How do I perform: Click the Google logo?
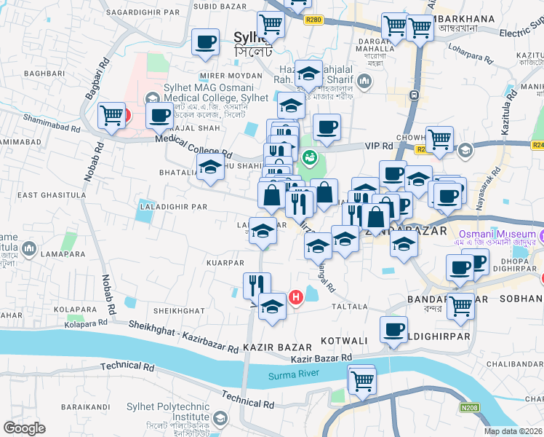(x=25, y=428)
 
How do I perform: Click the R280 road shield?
(x=314, y=21)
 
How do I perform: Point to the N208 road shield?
(x=469, y=409)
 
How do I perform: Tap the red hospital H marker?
(x=296, y=297)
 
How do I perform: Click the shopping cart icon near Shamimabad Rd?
(x=112, y=114)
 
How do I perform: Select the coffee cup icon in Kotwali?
(x=394, y=330)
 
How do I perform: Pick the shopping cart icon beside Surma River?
(x=361, y=379)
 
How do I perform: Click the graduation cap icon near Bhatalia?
(x=211, y=167)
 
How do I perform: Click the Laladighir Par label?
(x=173, y=206)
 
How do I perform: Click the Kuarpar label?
(x=225, y=261)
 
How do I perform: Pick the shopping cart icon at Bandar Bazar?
(x=460, y=305)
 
